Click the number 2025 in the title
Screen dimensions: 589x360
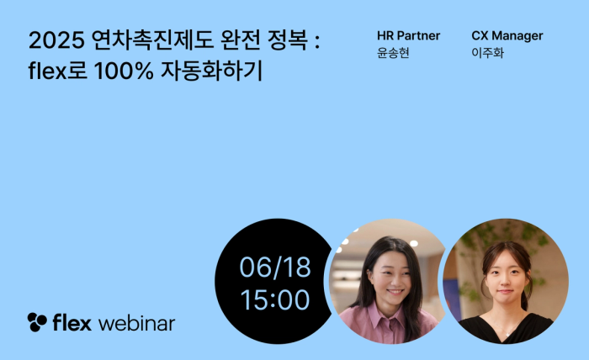coord(56,40)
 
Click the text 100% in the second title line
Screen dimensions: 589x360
coord(124,71)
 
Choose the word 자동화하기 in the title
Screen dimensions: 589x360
coord(211,71)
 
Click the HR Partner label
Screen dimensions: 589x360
coord(408,35)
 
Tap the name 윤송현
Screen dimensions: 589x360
coord(393,53)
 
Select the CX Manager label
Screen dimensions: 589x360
coord(507,35)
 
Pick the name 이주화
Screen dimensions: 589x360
coord(487,53)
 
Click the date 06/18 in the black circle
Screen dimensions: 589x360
coord(275,267)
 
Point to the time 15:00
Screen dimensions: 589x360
coord(275,299)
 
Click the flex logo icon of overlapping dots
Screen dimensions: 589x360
coord(37,321)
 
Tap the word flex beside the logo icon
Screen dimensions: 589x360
coord(72,322)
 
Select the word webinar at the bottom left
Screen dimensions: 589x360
coord(136,323)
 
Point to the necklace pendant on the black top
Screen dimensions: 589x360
coord(507,334)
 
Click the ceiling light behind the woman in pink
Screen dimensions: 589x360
coord(414,243)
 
